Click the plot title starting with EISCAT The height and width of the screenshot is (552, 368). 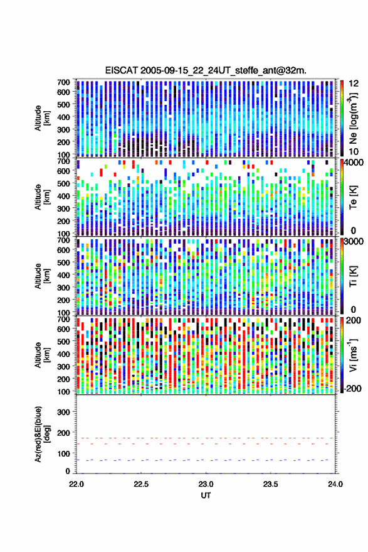(x=206, y=70)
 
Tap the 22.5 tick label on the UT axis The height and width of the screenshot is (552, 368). (x=141, y=484)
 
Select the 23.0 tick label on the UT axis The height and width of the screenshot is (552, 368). (x=206, y=484)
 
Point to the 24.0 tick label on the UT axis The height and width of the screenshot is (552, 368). (x=335, y=484)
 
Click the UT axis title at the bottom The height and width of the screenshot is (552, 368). (x=206, y=495)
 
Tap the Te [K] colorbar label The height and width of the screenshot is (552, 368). (x=353, y=197)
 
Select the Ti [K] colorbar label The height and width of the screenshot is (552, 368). (x=353, y=276)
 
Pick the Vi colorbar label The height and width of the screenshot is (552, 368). (x=353, y=355)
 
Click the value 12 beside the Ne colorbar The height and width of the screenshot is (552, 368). (x=353, y=84)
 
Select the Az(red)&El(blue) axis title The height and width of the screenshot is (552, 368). (x=41, y=434)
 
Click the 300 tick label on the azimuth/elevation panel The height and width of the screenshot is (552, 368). (x=63, y=412)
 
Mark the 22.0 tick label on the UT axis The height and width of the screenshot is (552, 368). (x=76, y=484)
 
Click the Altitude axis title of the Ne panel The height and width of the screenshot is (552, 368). (x=41, y=118)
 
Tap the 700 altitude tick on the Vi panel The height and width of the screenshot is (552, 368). (x=63, y=319)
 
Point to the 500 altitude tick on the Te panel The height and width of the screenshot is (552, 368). (x=63, y=183)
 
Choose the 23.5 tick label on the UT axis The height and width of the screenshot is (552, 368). (x=270, y=484)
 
